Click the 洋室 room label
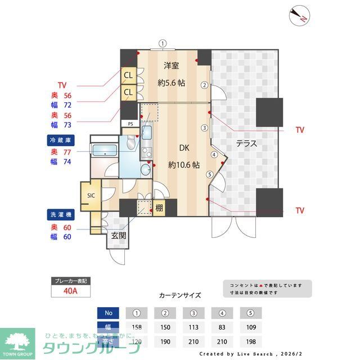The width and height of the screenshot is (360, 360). click(x=172, y=65)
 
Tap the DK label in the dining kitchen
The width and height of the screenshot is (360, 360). click(x=184, y=148)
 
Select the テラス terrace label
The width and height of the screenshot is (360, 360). click(x=246, y=143)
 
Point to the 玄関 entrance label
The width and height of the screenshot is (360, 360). click(x=118, y=236)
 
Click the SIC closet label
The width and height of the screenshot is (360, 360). click(x=91, y=195)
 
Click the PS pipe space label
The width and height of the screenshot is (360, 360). click(x=130, y=123)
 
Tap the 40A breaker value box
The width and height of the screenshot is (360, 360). click(x=70, y=291)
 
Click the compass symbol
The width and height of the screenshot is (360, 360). click(x=298, y=16)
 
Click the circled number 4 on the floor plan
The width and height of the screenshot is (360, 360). click(x=214, y=155)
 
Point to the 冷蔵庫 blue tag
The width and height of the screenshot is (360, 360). click(x=61, y=139)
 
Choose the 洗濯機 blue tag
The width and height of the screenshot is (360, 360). click(x=61, y=214)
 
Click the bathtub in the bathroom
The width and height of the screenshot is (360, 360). click(x=104, y=151)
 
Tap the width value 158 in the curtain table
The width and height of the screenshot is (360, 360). click(x=136, y=327)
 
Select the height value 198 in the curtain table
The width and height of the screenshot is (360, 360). click(x=250, y=341)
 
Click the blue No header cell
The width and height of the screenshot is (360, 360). click(x=109, y=313)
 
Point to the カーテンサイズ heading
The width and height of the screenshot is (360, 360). click(x=180, y=295)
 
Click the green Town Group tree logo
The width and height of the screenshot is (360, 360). click(x=17, y=340)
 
